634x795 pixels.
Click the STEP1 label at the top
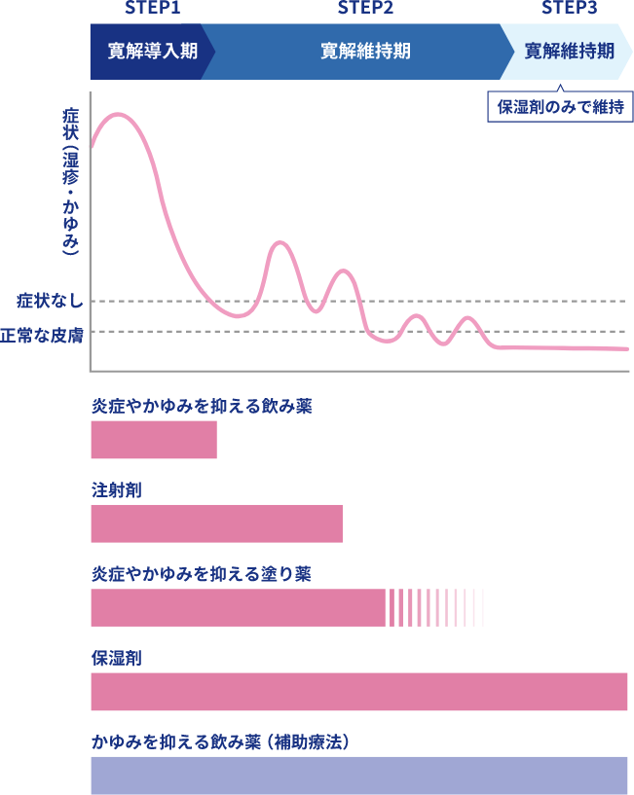154,9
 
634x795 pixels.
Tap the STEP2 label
366,9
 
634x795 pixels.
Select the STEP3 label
570,9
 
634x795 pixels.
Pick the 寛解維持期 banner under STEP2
365,52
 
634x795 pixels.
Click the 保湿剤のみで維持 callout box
560,107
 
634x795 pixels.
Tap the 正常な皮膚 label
42,334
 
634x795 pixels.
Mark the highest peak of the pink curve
119,115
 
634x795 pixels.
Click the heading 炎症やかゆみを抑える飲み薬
202,407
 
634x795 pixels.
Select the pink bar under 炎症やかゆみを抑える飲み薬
154,440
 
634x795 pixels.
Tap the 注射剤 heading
116,490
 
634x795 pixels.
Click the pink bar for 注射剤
216,524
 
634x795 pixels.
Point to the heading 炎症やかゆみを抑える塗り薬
202,574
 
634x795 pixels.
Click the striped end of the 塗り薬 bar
435,608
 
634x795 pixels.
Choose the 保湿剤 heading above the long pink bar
116,659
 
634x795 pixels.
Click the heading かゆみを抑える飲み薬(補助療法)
221,742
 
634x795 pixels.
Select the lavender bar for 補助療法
359,776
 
